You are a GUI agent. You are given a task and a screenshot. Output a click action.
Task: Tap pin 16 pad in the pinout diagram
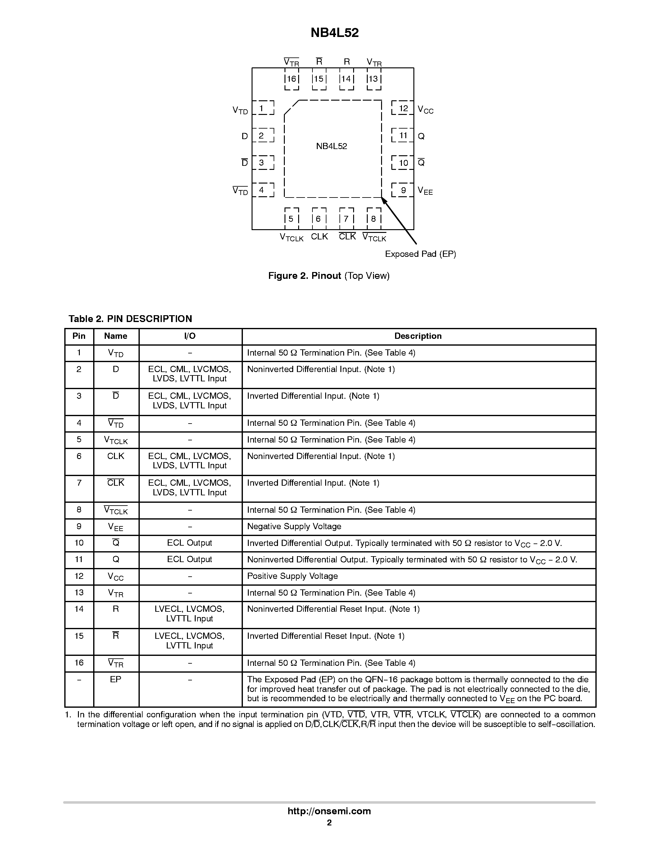point(292,79)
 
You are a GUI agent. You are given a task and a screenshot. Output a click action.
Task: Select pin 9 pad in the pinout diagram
point(403,190)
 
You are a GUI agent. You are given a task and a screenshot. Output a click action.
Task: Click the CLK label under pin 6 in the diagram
point(320,237)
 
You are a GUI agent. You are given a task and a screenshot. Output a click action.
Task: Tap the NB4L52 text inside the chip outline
point(332,146)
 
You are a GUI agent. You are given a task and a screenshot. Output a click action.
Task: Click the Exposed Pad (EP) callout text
point(420,254)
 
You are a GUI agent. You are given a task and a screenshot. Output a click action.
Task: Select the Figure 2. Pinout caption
point(329,276)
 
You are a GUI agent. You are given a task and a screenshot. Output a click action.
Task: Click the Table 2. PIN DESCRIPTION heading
point(130,319)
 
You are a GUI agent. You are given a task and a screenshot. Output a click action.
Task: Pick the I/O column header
point(190,336)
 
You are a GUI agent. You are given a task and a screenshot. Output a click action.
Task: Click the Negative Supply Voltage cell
point(294,526)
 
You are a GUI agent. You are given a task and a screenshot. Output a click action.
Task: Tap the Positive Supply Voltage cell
point(293,576)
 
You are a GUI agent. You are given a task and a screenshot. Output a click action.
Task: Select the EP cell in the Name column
point(116,679)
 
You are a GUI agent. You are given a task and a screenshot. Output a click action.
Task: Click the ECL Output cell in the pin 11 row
point(190,559)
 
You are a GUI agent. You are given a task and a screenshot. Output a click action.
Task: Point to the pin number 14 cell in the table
point(79,609)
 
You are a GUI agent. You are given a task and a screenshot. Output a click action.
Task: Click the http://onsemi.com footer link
point(329,811)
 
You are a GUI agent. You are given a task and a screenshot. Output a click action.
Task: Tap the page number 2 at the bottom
point(329,822)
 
